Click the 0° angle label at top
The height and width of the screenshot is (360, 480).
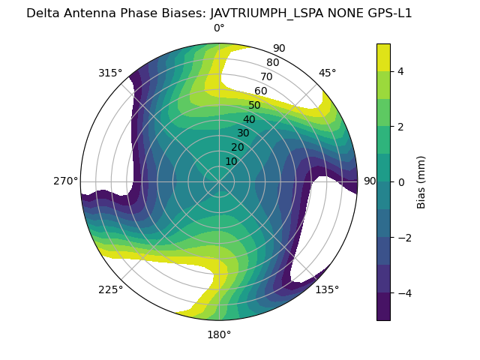(219, 28)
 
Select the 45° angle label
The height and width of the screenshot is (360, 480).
(328, 73)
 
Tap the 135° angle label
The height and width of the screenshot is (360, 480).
(327, 289)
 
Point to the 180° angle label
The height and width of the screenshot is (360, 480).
(219, 334)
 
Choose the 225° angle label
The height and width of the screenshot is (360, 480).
(110, 290)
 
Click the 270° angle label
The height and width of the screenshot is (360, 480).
(65, 181)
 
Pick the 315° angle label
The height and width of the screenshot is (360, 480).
(110, 73)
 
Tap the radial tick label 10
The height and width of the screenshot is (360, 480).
(231, 161)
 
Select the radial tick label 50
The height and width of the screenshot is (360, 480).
(255, 106)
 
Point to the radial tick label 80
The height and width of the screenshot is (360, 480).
(273, 63)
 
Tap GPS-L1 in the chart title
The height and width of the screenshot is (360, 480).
(388, 13)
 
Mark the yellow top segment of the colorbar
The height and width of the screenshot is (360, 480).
(383, 57)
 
